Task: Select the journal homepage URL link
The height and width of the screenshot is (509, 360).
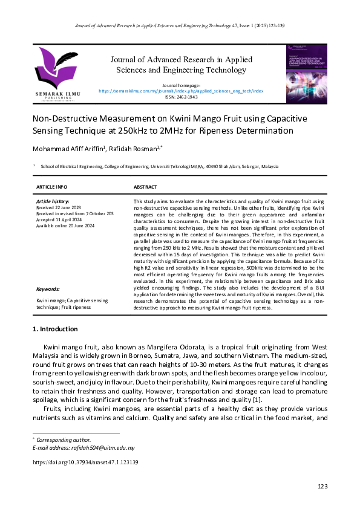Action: [x=181, y=91]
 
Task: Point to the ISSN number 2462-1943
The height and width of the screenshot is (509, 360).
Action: [x=181, y=97]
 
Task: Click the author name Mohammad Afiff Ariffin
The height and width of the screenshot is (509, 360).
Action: [x=63, y=149]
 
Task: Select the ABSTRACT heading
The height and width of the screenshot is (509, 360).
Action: [x=145, y=187]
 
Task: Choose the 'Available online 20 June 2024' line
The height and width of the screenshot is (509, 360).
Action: [x=66, y=225]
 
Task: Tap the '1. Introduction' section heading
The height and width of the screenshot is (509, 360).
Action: [x=54, y=329]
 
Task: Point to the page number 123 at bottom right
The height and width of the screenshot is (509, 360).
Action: [x=322, y=487]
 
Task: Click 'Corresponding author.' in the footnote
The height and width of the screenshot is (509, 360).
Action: [x=64, y=439]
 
